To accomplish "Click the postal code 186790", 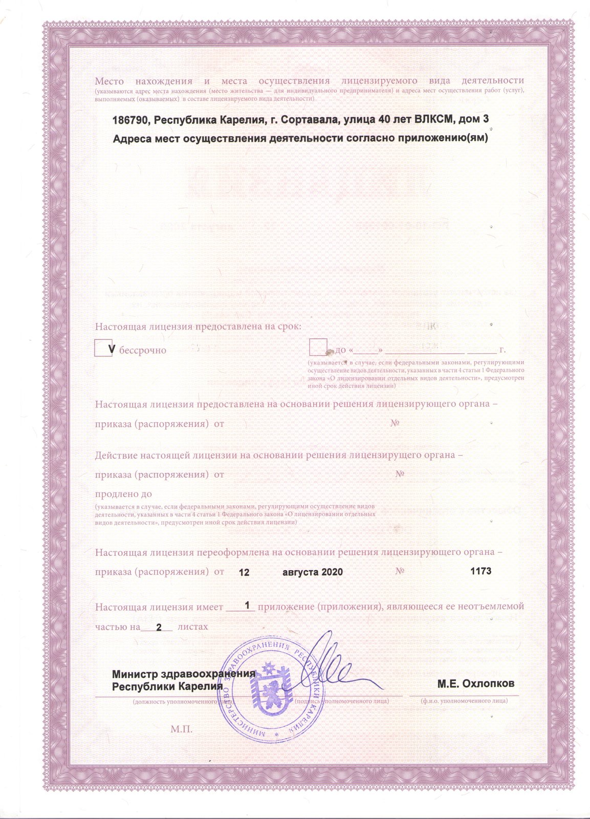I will [130, 119].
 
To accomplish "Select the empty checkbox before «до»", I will [318, 347].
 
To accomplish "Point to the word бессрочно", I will [143, 351].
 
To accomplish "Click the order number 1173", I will [480, 571].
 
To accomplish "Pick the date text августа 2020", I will [312, 572].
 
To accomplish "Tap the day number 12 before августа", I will [244, 572].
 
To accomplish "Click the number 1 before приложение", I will [248, 606].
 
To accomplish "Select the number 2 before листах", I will [159, 627].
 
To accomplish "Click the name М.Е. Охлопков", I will [475, 683].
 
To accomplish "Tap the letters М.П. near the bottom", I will [182, 729].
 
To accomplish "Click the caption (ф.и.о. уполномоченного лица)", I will [464, 700].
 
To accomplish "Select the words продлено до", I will [123, 494].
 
